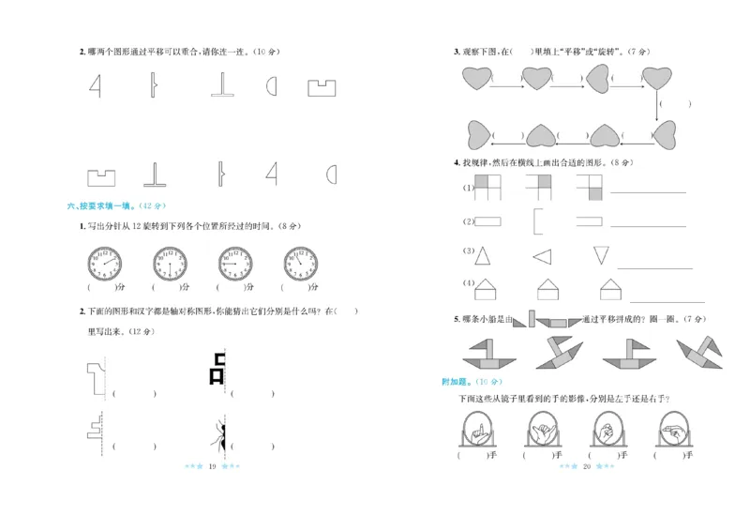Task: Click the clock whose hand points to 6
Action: pyautogui.click(x=170, y=264)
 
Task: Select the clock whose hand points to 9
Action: pyautogui.click(x=234, y=264)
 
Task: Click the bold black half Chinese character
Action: pyautogui.click(x=218, y=369)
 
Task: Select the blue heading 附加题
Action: pyautogui.click(x=458, y=382)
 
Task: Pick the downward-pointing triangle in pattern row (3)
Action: pyautogui.click(x=601, y=254)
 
